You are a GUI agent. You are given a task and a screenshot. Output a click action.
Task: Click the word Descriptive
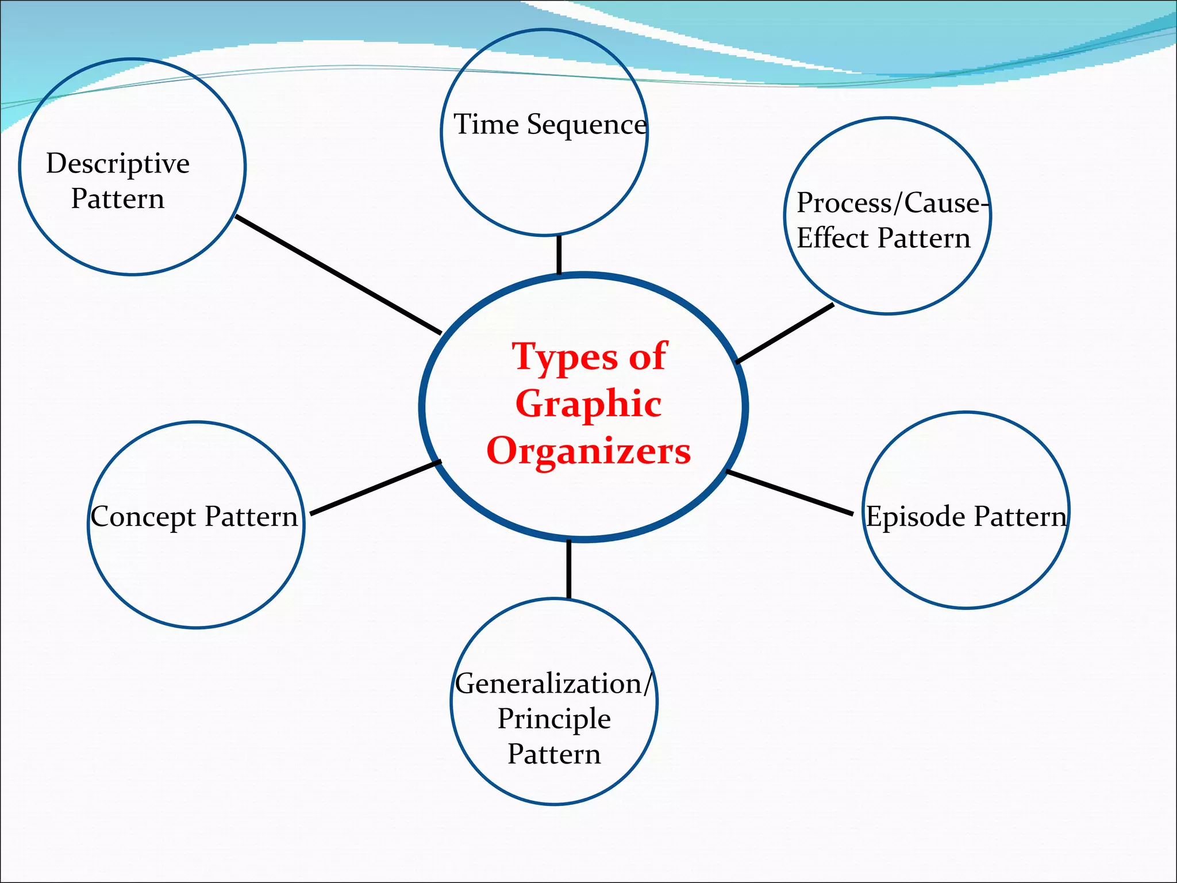click(x=118, y=164)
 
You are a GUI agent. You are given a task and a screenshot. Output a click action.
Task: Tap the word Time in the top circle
click(x=486, y=124)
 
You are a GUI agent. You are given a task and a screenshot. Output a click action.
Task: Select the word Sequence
click(x=587, y=125)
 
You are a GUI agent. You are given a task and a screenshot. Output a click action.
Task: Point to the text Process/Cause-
click(x=892, y=203)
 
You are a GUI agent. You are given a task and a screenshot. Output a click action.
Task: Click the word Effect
click(x=832, y=238)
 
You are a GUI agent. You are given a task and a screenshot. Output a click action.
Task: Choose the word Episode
click(x=916, y=516)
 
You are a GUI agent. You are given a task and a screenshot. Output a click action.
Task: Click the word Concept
click(x=144, y=517)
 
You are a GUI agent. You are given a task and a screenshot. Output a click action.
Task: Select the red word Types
click(x=566, y=358)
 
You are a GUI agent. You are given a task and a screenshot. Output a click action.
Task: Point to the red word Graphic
click(x=588, y=404)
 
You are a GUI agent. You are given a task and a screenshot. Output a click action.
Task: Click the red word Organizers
click(x=588, y=451)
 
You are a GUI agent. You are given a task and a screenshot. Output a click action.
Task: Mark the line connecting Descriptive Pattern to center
click(x=338, y=275)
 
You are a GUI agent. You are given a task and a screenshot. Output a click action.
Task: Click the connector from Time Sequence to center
click(x=559, y=255)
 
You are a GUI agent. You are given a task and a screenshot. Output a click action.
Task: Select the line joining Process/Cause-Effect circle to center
click(x=784, y=333)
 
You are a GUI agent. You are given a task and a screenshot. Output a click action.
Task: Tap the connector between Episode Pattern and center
click(x=789, y=492)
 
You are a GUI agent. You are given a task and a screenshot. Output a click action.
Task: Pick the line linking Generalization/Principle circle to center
click(x=568, y=569)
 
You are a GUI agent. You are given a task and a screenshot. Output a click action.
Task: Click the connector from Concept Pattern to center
click(x=375, y=487)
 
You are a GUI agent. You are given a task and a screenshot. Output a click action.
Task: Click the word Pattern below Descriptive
click(x=118, y=199)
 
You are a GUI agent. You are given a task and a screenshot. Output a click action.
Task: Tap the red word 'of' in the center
click(x=648, y=356)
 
